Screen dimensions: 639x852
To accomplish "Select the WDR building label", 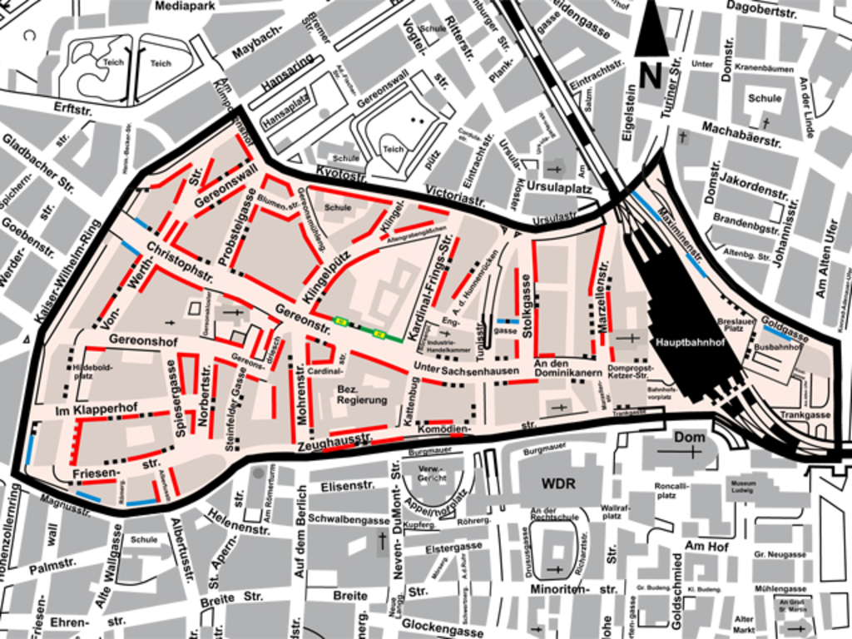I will pos(558,483).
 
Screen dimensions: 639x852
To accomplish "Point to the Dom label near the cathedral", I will pos(689,437).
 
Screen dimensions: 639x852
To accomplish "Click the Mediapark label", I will pos(185,6).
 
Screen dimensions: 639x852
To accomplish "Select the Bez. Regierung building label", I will pos(362,394).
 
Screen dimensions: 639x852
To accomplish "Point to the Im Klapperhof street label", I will pos(96,411).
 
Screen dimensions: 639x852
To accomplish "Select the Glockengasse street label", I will pos(442,627).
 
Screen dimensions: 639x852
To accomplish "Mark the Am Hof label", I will pos(706,547).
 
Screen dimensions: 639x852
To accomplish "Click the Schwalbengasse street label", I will pos(349,518).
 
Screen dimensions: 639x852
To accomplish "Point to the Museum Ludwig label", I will pos(743,486).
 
